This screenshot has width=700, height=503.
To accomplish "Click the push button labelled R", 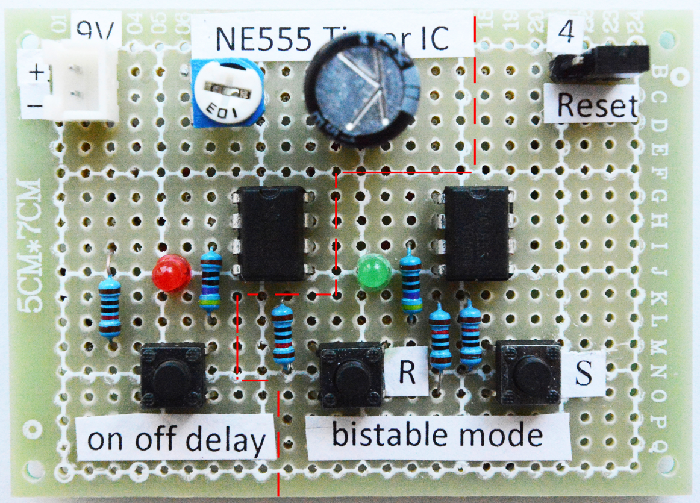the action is click(351, 374).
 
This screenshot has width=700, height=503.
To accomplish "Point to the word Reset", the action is click(596, 105).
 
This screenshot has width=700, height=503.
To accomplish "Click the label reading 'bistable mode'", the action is click(437, 435).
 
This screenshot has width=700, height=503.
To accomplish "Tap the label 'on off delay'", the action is click(176, 440).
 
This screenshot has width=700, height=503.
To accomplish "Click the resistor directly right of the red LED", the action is click(210, 280).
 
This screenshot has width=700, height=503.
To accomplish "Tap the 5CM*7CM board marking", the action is click(29, 244).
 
